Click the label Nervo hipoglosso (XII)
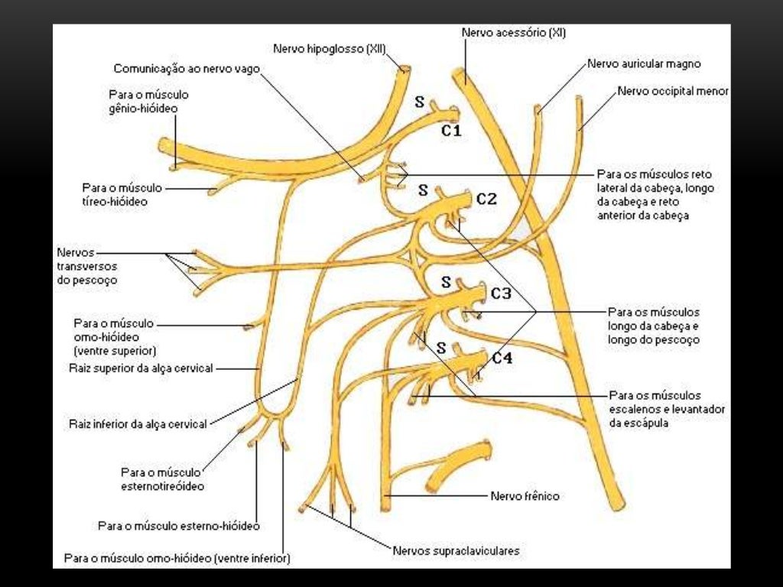(x=330, y=49)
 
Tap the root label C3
(x=501, y=292)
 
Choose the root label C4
(x=502, y=357)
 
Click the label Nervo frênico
(x=525, y=496)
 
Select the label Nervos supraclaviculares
(x=456, y=550)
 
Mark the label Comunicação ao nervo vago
(x=187, y=68)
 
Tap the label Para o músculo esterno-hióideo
(x=179, y=526)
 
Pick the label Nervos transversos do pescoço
(x=87, y=266)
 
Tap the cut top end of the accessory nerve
(x=460, y=76)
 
